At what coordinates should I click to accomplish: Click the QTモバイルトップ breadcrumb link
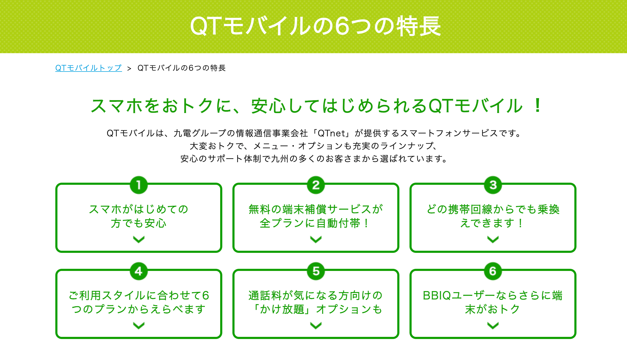(89, 68)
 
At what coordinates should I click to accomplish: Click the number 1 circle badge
(139, 185)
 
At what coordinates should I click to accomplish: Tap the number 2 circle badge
(316, 185)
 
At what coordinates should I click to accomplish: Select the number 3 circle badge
(493, 185)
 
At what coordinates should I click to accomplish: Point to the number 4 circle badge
(139, 271)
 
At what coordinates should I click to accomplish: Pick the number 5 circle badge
(316, 271)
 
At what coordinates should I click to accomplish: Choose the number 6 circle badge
(493, 271)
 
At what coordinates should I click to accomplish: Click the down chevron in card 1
(139, 240)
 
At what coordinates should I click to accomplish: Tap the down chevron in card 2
(316, 240)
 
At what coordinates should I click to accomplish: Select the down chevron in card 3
(493, 240)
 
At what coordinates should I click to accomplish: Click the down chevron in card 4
(139, 326)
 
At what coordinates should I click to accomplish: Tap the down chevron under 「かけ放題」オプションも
(316, 326)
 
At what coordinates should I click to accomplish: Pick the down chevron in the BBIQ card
(493, 326)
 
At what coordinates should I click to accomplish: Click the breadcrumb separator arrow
(129, 69)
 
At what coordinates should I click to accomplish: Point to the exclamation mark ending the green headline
(538, 105)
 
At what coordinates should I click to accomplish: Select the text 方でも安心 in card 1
(139, 223)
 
